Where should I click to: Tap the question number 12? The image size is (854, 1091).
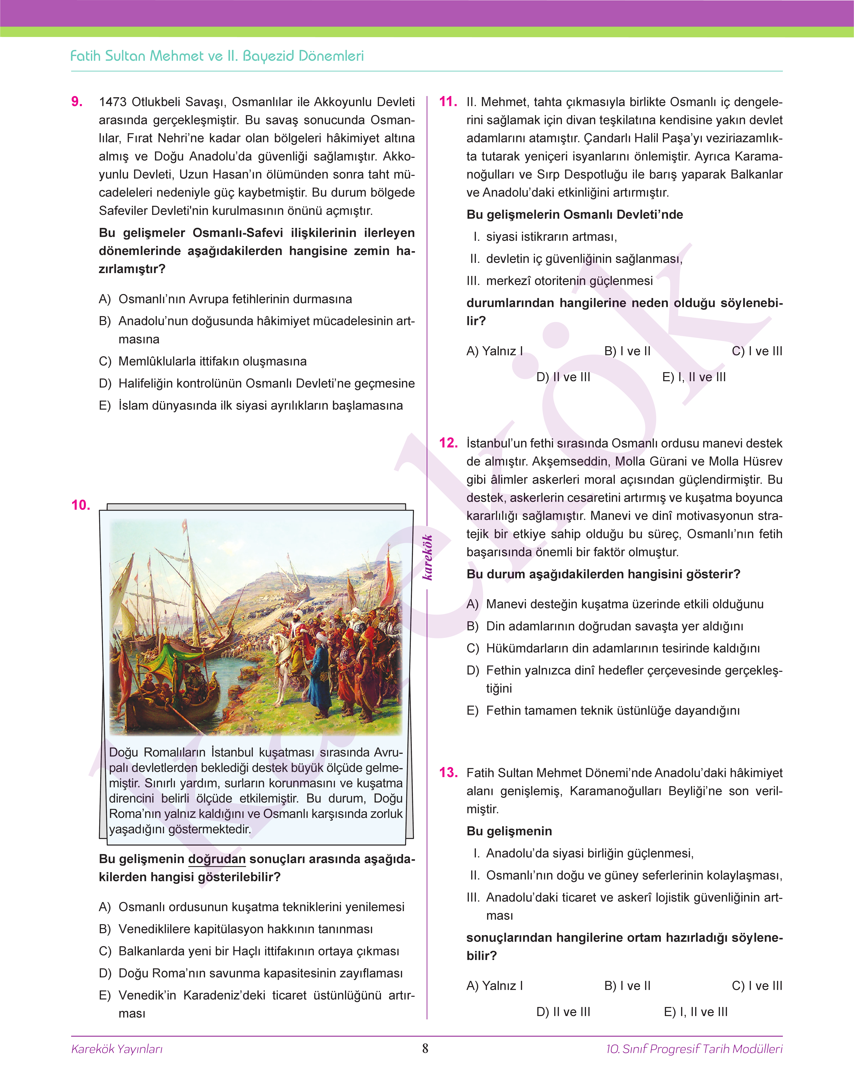click(448, 443)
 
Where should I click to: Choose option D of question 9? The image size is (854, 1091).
click(256, 383)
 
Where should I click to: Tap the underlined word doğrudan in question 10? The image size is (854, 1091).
click(217, 859)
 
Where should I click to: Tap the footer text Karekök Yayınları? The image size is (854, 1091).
click(117, 1048)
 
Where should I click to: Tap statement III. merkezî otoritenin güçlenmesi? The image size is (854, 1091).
click(560, 281)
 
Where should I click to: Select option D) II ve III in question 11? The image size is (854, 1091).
click(563, 377)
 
